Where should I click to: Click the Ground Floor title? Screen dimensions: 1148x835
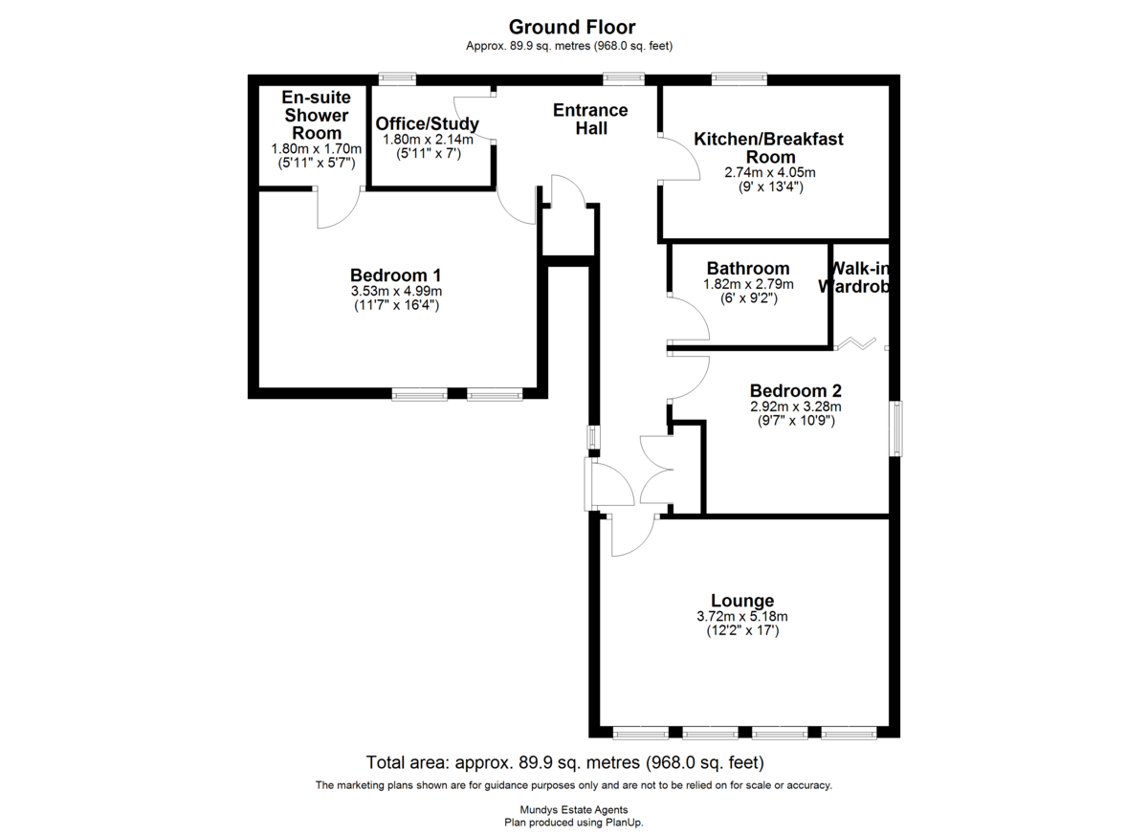tap(572, 27)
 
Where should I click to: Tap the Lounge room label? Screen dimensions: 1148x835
tap(742, 601)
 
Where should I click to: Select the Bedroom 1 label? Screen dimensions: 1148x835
tap(395, 275)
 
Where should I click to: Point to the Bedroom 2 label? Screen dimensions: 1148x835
tap(795, 391)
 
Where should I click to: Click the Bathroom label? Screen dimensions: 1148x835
tap(748, 269)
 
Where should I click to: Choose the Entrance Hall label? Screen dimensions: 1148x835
tap(590, 119)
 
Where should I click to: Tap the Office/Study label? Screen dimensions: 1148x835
tap(428, 123)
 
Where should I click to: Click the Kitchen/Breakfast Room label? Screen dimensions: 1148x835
tap(769, 147)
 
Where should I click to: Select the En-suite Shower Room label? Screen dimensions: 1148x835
tap(317, 115)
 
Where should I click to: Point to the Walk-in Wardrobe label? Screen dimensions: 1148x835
tap(855, 277)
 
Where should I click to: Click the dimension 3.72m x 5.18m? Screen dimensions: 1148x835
tap(742, 616)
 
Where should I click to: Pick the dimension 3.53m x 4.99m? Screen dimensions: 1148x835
tap(396, 291)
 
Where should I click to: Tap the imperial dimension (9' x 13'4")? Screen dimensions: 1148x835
tap(771, 187)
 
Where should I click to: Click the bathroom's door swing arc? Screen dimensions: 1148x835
tap(700, 313)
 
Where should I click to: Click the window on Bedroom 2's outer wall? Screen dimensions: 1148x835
tap(896, 428)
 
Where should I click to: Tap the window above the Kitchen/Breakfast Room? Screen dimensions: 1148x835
tap(739, 78)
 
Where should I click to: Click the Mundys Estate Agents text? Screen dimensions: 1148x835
tap(573, 810)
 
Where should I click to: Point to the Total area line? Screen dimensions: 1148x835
tap(564, 762)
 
